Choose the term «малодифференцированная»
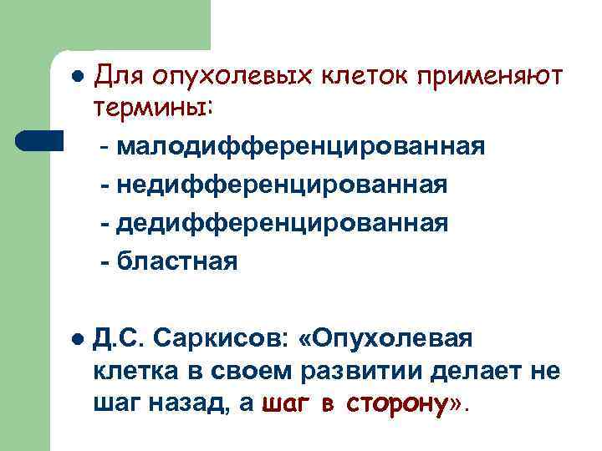[x=301, y=147]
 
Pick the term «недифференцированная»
[x=282, y=185]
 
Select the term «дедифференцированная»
[x=282, y=224]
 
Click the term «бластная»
[x=176, y=262]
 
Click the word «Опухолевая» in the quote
[x=391, y=339]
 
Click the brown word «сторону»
[x=396, y=405]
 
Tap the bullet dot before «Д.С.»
[x=76, y=339]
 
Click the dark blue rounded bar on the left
[x=40, y=139]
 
